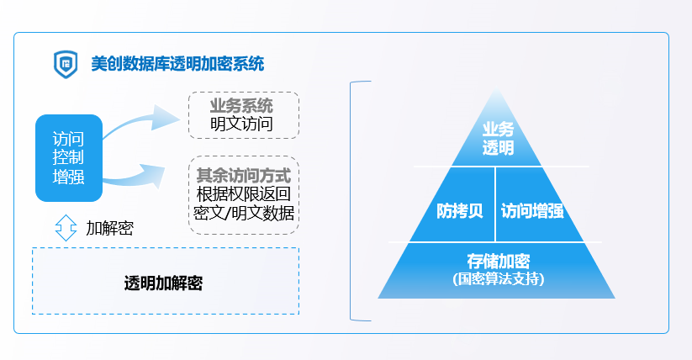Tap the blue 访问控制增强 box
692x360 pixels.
tap(68, 158)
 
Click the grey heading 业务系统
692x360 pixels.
tap(241, 107)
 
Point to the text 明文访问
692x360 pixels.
tap(241, 125)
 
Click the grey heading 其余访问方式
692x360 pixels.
tap(243, 176)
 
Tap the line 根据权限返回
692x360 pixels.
tap(243, 194)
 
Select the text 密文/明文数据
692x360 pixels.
tap(243, 213)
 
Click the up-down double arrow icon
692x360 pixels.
tap(66, 227)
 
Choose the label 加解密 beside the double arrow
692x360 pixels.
tap(109, 227)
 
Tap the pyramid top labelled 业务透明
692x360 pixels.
tap(497, 138)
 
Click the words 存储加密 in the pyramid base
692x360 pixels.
tap(497, 260)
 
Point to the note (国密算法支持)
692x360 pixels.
tap(497, 278)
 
